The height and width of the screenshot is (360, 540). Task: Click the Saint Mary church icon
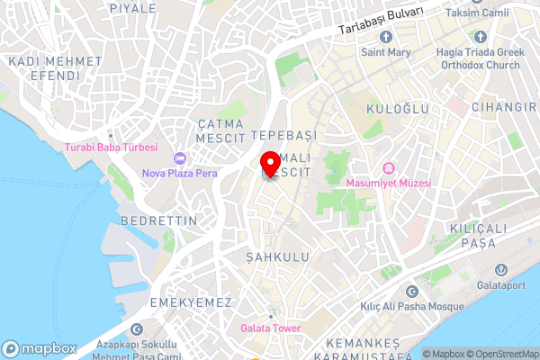[386, 37]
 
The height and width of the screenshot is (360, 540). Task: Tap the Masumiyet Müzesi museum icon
[389, 168]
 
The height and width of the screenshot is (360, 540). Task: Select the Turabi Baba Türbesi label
[111, 148]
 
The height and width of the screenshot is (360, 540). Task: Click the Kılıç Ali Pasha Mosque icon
[412, 292]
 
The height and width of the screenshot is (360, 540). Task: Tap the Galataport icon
[499, 269]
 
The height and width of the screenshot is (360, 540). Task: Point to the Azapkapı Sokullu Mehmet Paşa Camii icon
[137, 329]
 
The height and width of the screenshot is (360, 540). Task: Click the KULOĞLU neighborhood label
[397, 108]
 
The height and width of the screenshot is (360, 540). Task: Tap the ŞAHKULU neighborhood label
[277, 256]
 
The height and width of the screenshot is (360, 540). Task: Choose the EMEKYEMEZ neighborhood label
[191, 301]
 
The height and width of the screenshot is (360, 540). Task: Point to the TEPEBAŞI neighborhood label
[285, 134]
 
